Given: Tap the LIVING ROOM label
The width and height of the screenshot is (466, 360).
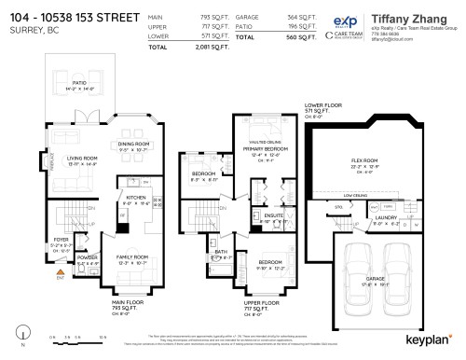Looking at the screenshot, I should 71,158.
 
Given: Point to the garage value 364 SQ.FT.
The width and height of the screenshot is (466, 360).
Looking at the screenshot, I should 294,17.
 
